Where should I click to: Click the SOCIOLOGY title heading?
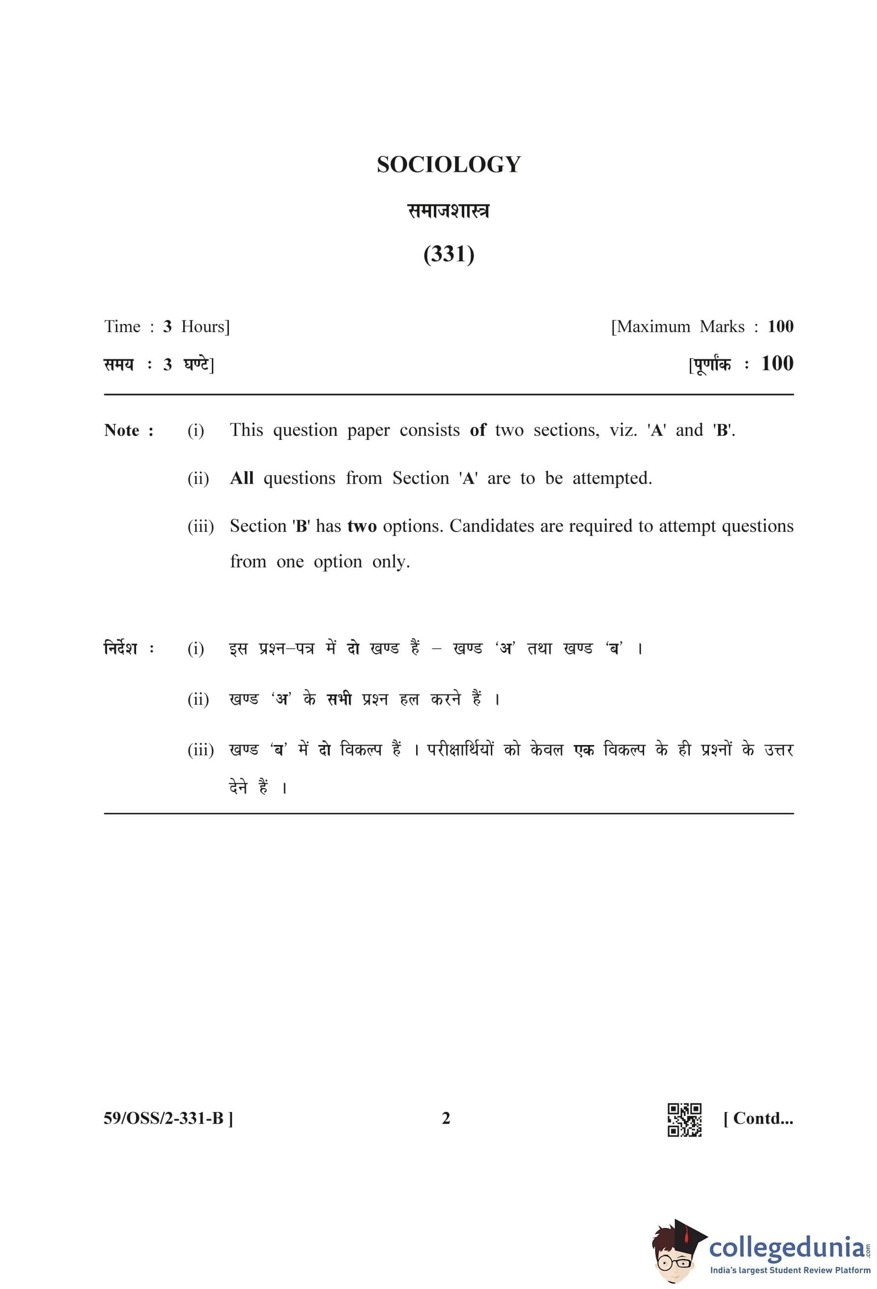pos(449,165)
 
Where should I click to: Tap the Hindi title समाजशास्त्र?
pos(449,211)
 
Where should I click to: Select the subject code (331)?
pos(449,254)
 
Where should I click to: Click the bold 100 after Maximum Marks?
pos(780,326)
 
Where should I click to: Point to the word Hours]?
pos(205,326)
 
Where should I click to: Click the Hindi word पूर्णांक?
pos(712,365)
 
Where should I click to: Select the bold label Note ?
pos(129,430)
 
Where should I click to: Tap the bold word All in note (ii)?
pos(242,478)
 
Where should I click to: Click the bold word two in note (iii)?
pos(362,526)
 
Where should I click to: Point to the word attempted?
pos(612,478)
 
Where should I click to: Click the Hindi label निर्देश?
pos(121,648)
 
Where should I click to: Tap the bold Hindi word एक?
pos(584,750)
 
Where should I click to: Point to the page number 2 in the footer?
pos(446,1118)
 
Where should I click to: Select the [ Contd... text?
pos(758,1118)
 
